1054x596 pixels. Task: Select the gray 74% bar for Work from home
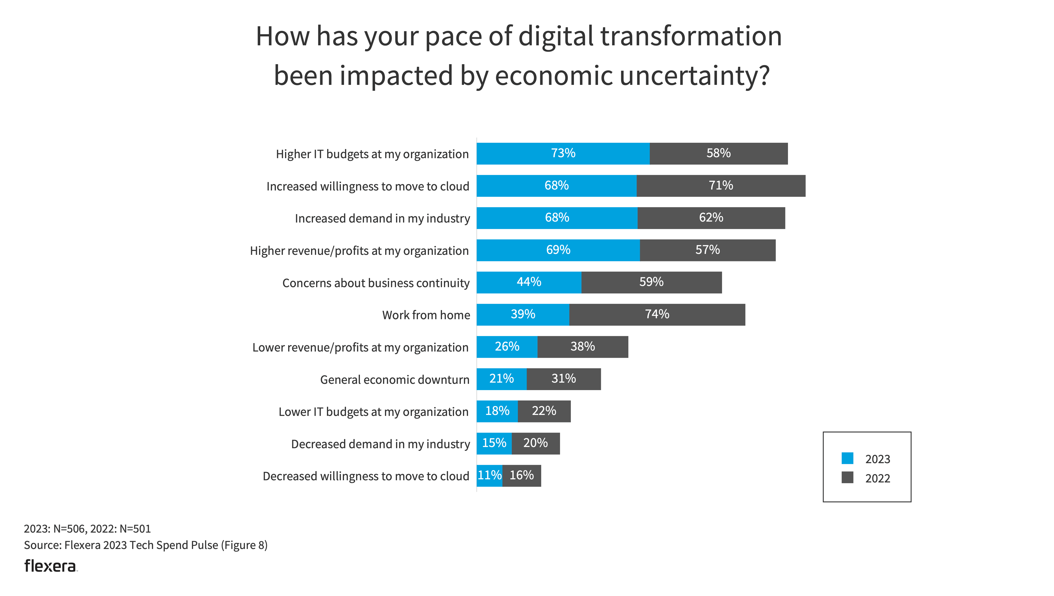tap(657, 315)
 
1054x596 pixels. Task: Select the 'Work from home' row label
tap(426, 315)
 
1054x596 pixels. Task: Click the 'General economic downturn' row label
tap(394, 380)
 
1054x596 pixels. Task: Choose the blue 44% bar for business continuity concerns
tap(529, 282)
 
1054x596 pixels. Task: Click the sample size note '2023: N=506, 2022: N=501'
tap(87, 529)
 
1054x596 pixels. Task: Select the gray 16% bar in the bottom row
tap(522, 476)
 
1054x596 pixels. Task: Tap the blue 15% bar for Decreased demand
tap(494, 443)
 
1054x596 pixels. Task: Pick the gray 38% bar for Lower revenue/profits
tap(583, 347)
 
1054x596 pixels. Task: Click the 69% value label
tap(558, 250)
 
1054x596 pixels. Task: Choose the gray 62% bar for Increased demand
tap(711, 218)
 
